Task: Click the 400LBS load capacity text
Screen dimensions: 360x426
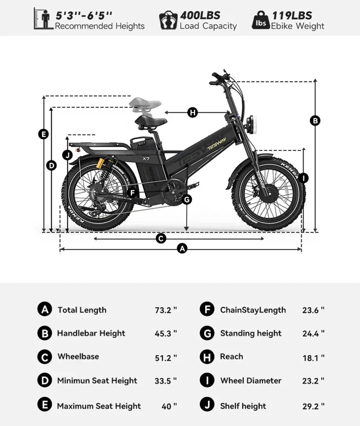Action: pos(200,16)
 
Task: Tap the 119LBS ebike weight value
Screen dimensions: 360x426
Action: pos(292,16)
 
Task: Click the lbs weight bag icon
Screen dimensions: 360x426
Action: pos(261,20)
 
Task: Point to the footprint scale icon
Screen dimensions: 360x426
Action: pos(168,20)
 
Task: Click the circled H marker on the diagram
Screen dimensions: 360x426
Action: pos(192,112)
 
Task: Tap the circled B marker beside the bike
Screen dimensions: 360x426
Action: pos(315,120)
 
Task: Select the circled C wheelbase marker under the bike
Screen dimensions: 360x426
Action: pos(161,239)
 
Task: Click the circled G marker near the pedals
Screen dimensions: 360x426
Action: pos(187,200)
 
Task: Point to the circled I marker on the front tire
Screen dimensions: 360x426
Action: pos(304,178)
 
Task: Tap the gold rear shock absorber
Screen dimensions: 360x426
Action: pos(100,163)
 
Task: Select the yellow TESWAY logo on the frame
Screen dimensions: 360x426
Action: pos(216,144)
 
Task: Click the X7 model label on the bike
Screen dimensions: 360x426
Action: pos(146,159)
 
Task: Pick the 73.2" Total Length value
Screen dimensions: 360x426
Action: pos(166,310)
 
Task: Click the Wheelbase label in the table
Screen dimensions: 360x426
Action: pos(78,356)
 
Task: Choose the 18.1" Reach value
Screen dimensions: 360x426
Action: pos(314,358)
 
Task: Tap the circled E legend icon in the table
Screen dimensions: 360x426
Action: pos(45,405)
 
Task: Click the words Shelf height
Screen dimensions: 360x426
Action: pos(243,406)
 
